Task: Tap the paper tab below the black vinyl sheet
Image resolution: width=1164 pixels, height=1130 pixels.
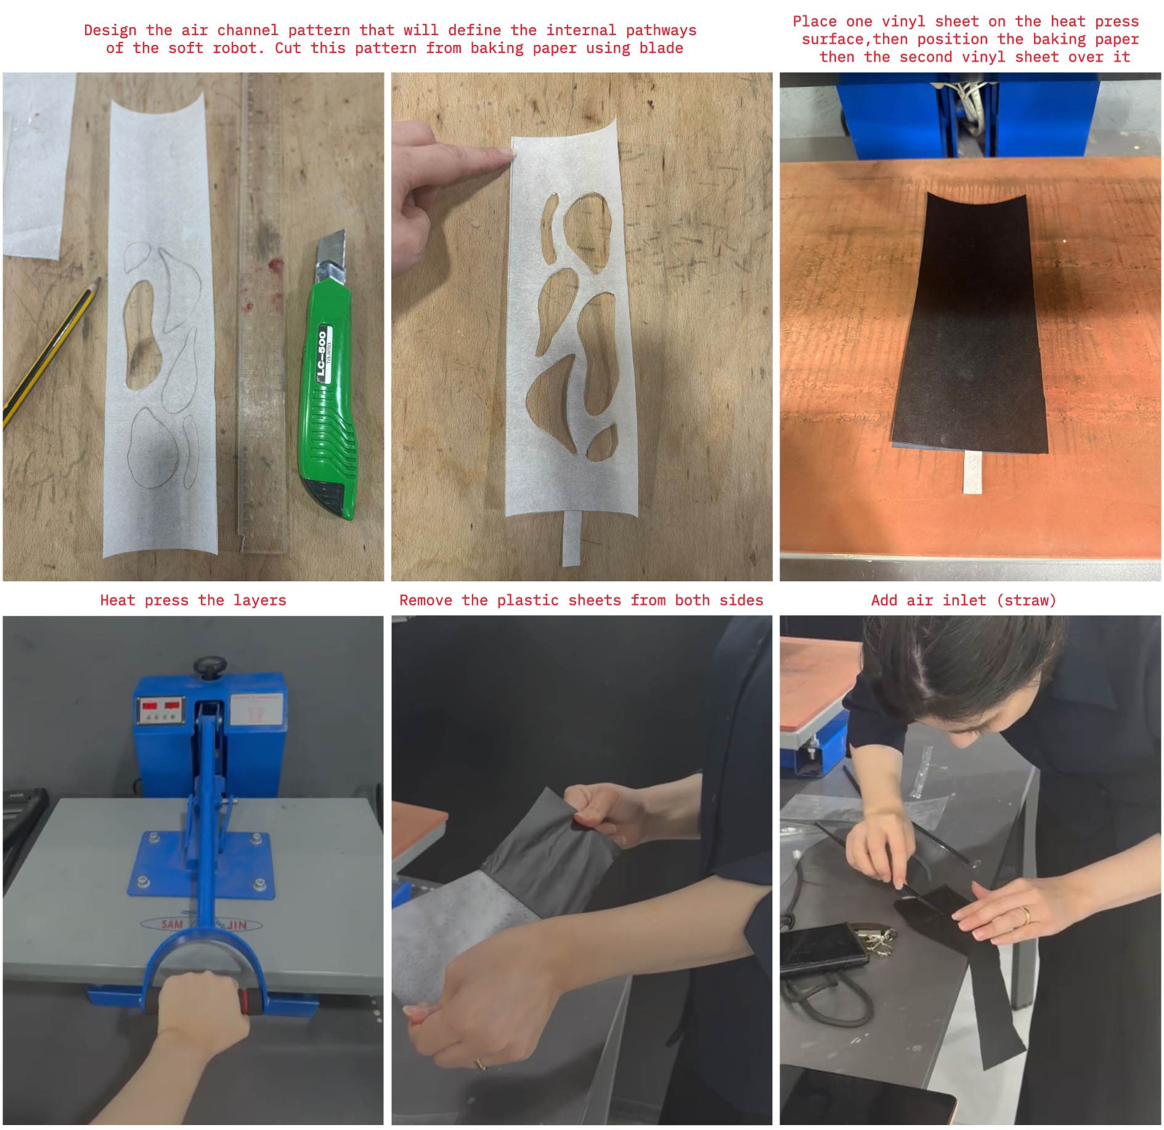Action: [972, 472]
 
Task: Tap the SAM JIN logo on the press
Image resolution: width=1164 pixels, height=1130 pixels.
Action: [203, 924]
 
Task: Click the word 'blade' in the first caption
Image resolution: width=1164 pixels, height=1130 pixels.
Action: [661, 48]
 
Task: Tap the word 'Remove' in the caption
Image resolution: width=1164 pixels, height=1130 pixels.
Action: [426, 600]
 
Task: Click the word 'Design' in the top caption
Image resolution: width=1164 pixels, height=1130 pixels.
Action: [110, 31]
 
